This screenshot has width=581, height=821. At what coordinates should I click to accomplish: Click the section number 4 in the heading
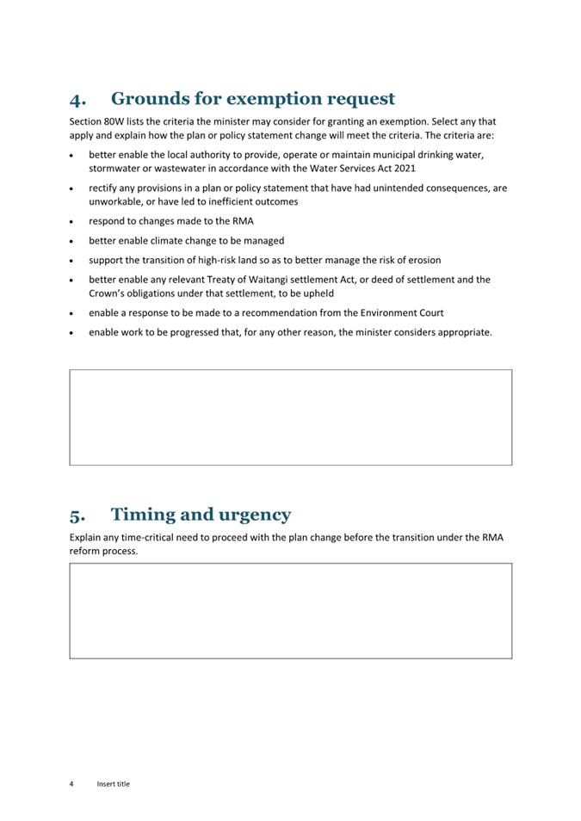click(x=77, y=100)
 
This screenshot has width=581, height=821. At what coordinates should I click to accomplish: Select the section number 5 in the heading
click(x=77, y=516)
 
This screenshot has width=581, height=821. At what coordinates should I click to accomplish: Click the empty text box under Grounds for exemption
click(x=290, y=417)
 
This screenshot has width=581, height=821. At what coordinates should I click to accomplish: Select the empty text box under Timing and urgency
click(x=290, y=611)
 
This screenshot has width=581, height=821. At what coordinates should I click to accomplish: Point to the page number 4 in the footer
click(x=71, y=784)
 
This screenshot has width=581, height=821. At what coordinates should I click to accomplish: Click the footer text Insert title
click(x=113, y=784)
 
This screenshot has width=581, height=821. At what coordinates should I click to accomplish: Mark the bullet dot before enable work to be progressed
click(x=71, y=332)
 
